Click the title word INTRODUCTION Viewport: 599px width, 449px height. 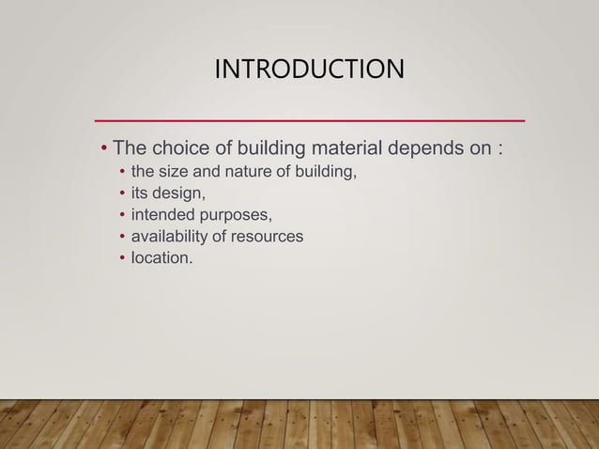click(x=310, y=70)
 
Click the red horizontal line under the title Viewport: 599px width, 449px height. click(x=310, y=121)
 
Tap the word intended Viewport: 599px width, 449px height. click(x=162, y=215)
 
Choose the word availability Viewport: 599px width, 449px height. click(x=170, y=236)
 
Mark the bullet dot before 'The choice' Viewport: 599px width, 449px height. click(x=104, y=150)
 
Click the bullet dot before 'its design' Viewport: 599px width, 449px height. click(x=121, y=194)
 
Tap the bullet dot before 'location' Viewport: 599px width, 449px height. click(x=121, y=257)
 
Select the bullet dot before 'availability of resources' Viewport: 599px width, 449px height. click(x=121, y=237)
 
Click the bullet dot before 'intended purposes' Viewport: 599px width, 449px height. click(x=121, y=215)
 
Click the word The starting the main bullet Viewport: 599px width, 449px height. click(x=129, y=149)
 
